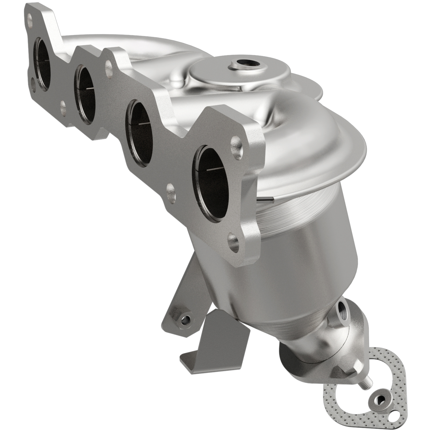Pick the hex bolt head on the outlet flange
(357, 368)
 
